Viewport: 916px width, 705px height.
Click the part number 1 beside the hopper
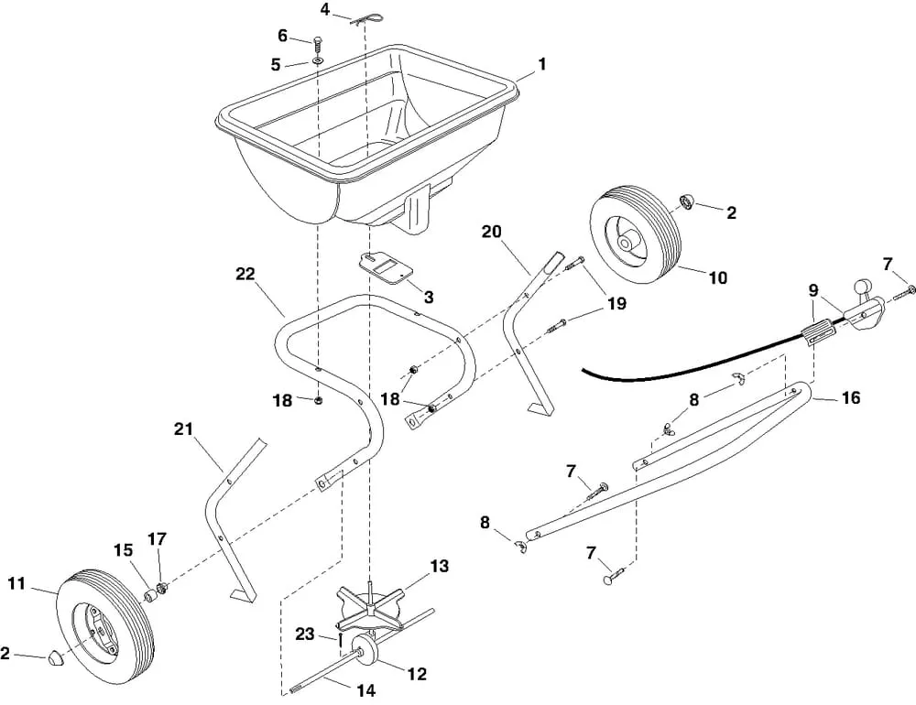click(542, 64)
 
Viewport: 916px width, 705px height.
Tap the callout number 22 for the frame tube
click(245, 274)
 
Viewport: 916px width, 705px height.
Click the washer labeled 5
click(316, 60)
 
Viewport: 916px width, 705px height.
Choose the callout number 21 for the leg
click(183, 428)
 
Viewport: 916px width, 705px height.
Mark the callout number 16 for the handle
click(850, 398)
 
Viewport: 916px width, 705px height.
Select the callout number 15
click(124, 550)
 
